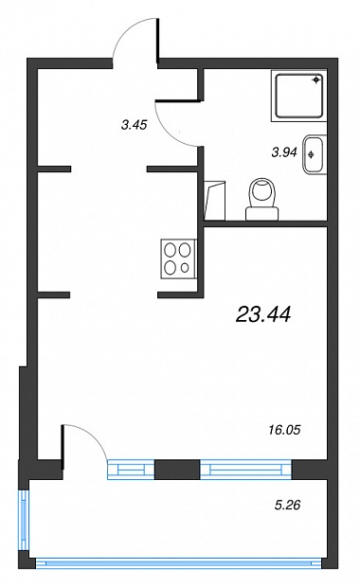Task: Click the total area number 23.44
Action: tap(263, 314)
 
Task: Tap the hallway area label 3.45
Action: tap(134, 125)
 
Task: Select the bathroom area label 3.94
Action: tap(284, 152)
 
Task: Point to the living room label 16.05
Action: tap(285, 430)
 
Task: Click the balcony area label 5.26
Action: tap(287, 506)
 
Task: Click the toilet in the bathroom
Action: tap(262, 199)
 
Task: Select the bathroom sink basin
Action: tap(315, 154)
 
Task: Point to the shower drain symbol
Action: tap(317, 80)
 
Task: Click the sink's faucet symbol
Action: tap(311, 154)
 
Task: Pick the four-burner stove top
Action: tap(179, 259)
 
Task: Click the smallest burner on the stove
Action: tap(185, 268)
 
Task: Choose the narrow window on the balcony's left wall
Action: tap(24, 521)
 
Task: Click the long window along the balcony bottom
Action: tap(179, 563)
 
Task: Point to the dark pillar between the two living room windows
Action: tap(177, 470)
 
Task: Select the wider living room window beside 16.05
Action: tap(245, 470)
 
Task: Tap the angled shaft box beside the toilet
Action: tap(214, 201)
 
